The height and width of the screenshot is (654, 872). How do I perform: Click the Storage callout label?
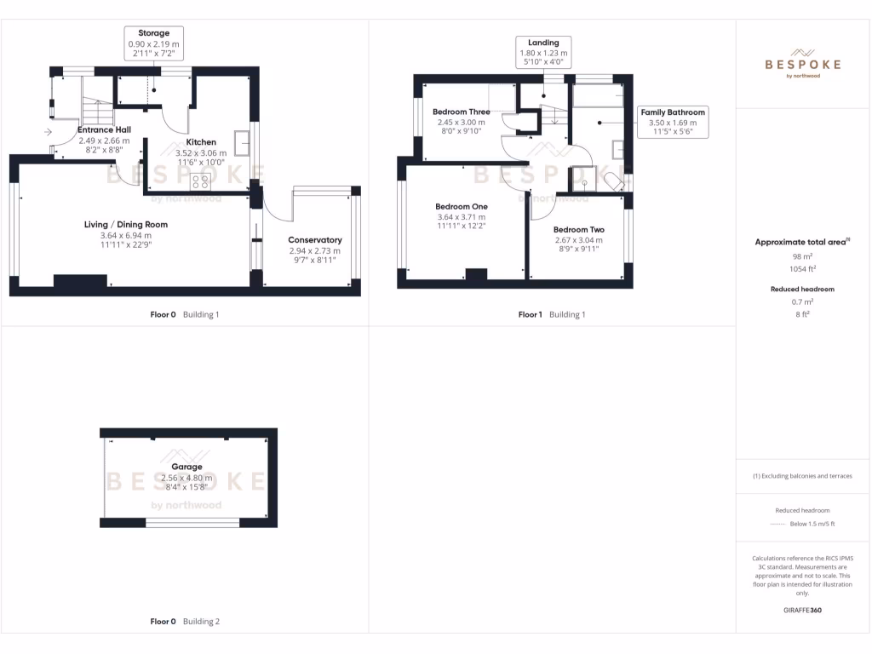point(154,33)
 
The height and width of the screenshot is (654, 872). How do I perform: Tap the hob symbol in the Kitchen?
point(202,181)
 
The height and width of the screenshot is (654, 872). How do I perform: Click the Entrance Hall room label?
point(104,129)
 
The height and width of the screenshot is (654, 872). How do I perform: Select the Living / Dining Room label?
point(125,225)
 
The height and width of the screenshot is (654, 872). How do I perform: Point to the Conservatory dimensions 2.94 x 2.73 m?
point(314,251)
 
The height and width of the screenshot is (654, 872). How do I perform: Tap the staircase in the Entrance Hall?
point(99,112)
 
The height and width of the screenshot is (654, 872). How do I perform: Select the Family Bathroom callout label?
point(673,112)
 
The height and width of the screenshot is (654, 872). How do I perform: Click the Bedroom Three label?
point(461,112)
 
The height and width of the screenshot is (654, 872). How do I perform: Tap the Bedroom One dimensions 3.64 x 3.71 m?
point(461,217)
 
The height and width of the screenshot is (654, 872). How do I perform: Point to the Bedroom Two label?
point(578,230)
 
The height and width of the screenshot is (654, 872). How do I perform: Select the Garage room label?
point(186,467)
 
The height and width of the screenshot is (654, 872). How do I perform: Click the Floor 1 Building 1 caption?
point(552,314)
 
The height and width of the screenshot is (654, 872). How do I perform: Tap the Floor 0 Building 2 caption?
point(185,622)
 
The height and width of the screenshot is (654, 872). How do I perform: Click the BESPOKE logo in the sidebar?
point(803,63)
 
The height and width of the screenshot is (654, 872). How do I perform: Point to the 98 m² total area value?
point(803,255)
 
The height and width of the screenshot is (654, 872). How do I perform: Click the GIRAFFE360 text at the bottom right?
point(803,610)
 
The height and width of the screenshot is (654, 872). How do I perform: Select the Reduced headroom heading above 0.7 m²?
point(803,289)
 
